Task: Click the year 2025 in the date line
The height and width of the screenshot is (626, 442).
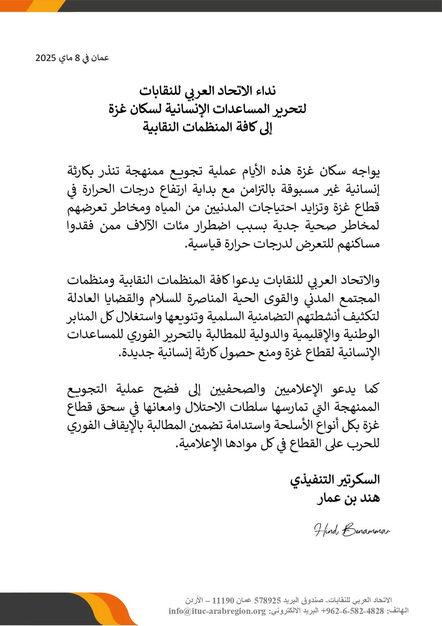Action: [x=45, y=58]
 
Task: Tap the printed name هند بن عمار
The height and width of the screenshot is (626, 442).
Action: [x=348, y=498]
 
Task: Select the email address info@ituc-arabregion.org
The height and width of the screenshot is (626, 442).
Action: [x=217, y=611]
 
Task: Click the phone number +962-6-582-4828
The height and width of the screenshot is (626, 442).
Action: [x=353, y=611]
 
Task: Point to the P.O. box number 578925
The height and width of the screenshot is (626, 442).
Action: [x=268, y=601]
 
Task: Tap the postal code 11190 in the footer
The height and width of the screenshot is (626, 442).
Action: [x=223, y=601]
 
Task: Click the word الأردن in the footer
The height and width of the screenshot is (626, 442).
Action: [x=194, y=601]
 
